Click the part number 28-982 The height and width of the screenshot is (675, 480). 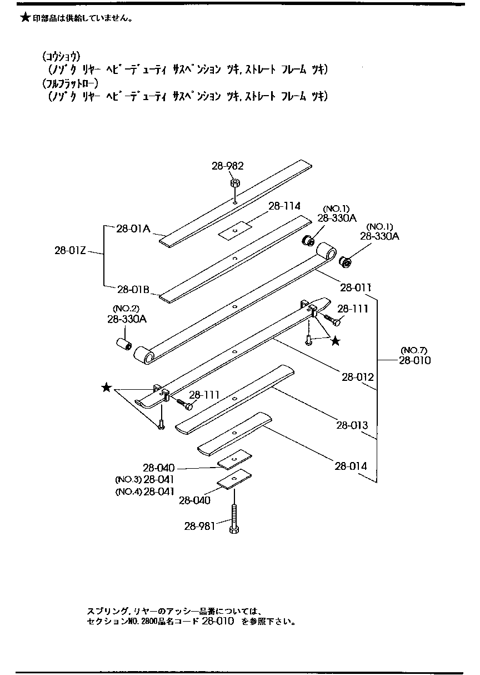[228, 166]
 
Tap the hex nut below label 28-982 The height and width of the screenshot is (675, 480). [234, 183]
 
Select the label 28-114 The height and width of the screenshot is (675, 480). [284, 206]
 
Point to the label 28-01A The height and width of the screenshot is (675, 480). [133, 227]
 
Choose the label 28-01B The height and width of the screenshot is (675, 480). [133, 289]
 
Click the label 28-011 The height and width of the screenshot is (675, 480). [356, 287]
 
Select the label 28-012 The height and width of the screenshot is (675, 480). [357, 377]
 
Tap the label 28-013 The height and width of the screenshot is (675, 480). [352, 425]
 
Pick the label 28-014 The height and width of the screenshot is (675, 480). [351, 466]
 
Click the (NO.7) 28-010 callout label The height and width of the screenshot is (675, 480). [414, 355]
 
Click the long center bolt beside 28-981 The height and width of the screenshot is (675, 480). [233, 517]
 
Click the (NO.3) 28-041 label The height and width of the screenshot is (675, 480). [145, 479]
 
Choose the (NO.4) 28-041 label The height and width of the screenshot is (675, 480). [145, 491]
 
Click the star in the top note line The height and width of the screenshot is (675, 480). [24, 18]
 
